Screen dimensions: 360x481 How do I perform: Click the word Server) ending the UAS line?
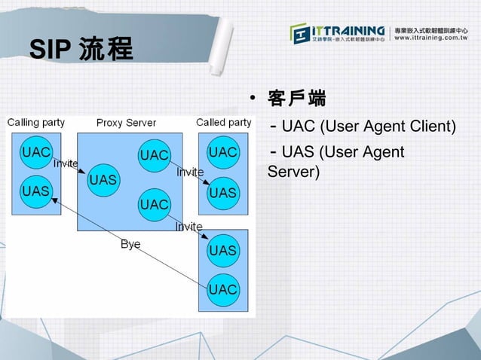tap(294, 172)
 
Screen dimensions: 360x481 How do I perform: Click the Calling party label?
tap(35, 122)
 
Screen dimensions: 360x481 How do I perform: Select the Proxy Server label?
tap(126, 123)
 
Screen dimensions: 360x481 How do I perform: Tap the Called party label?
tap(223, 122)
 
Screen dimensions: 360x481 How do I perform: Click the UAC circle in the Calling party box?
tap(36, 152)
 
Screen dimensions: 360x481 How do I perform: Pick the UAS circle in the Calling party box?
tap(35, 191)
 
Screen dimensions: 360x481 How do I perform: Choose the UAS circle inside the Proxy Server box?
tap(103, 180)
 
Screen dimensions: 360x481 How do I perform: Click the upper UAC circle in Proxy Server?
tap(154, 155)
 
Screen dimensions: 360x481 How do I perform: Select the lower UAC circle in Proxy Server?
tap(154, 204)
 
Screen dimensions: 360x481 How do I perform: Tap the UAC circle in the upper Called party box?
tap(223, 152)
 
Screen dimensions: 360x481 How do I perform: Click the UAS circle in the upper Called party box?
tap(223, 193)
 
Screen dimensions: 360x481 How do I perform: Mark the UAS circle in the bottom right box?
tap(223, 250)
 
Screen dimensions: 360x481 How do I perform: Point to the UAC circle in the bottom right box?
tap(223, 289)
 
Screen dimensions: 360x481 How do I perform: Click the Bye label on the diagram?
tap(130, 244)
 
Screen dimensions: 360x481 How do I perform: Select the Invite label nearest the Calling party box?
tap(66, 163)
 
